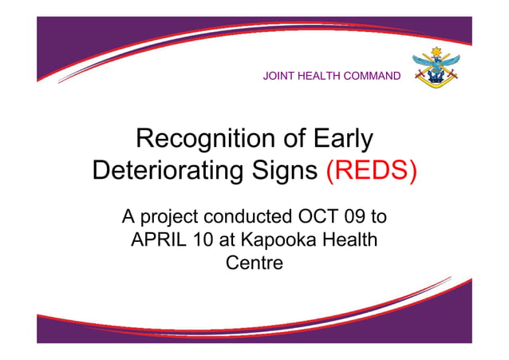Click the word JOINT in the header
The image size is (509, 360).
pyautogui.click(x=278, y=77)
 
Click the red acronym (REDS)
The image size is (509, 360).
pyautogui.click(x=371, y=171)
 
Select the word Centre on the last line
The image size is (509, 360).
pyautogui.click(x=254, y=261)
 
